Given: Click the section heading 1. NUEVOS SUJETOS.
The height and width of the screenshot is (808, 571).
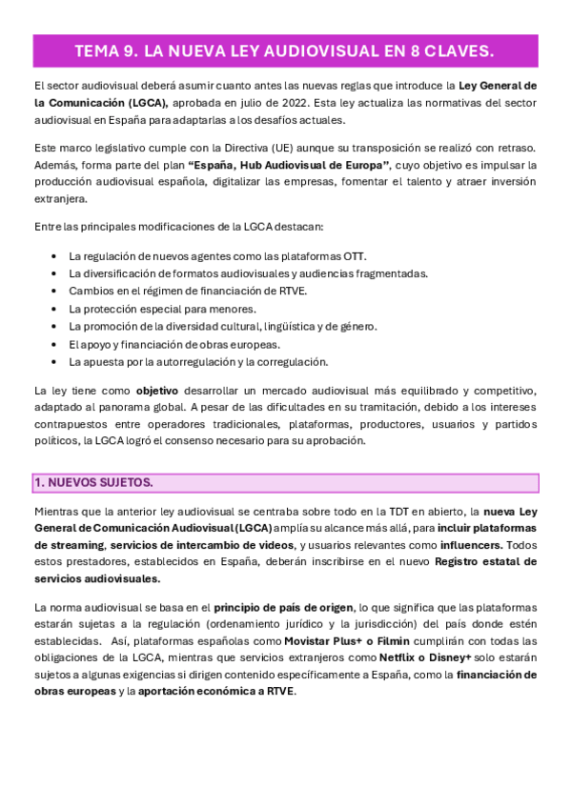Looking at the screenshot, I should (x=93, y=483).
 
